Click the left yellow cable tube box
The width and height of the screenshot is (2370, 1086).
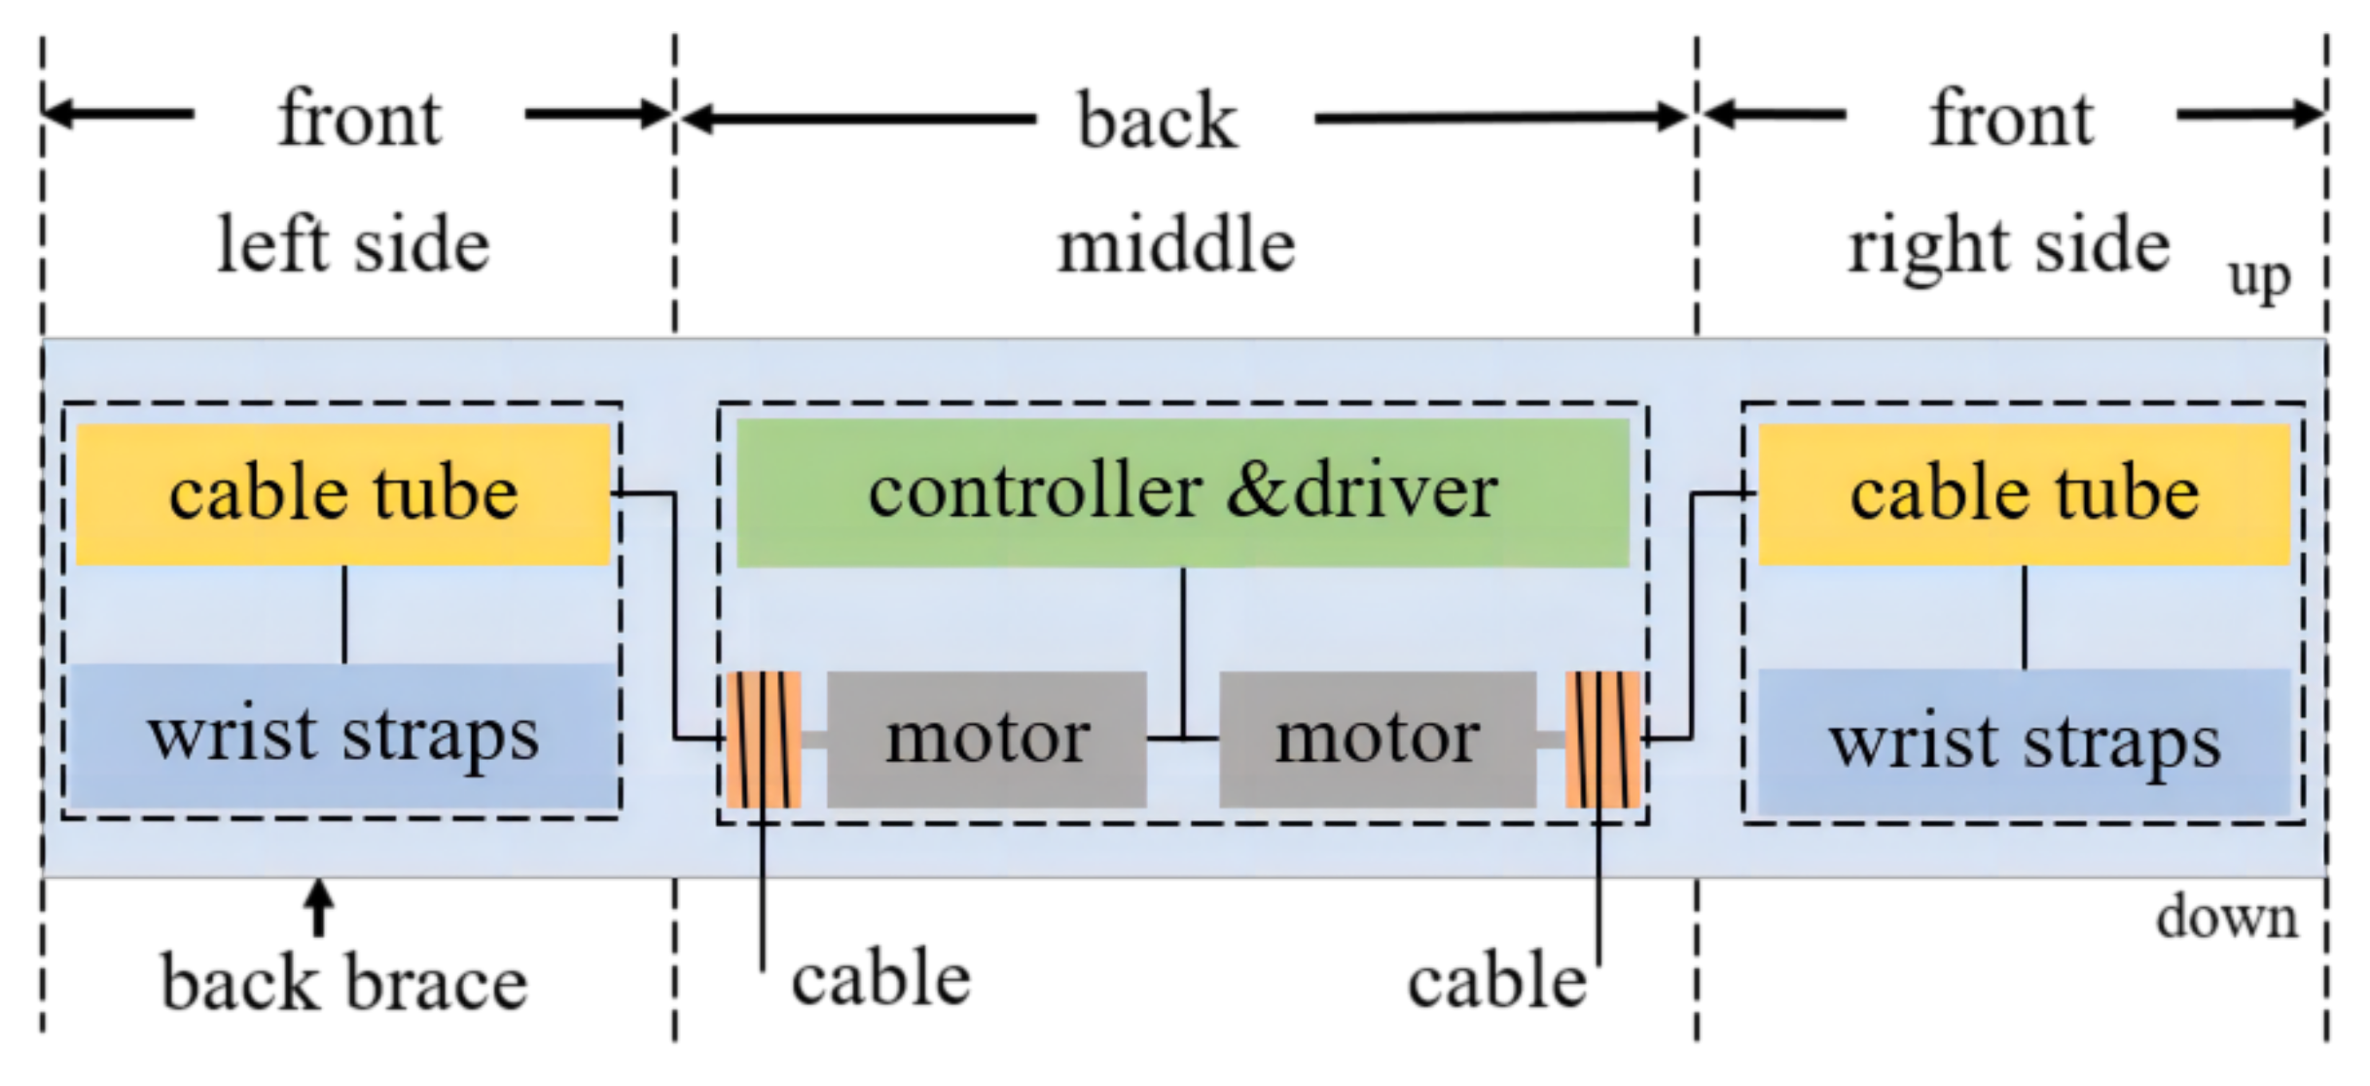(342, 494)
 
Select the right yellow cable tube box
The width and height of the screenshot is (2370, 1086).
(2024, 494)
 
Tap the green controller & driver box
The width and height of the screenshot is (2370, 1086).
(1182, 493)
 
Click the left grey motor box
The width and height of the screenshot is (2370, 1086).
(987, 740)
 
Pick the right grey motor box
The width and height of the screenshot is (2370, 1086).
(1378, 740)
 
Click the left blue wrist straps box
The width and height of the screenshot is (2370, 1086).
(342, 737)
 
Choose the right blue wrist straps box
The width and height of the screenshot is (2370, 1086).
(2024, 742)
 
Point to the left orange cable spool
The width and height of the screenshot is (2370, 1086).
(764, 740)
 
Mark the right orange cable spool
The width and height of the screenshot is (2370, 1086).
(1602, 740)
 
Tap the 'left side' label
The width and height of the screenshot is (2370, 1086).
(352, 245)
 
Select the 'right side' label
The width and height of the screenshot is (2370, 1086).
(2008, 247)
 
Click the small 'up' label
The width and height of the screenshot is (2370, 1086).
(2259, 278)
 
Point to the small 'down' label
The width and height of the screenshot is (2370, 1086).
(2226, 918)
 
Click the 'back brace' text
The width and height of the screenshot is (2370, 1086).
(343, 983)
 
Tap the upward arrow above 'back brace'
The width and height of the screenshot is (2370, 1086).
(318, 907)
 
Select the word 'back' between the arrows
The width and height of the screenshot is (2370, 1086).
(1157, 121)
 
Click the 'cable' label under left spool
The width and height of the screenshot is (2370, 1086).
(880, 979)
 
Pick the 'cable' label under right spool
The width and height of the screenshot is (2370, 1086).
(1496, 981)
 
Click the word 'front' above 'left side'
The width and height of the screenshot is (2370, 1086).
(359, 119)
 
